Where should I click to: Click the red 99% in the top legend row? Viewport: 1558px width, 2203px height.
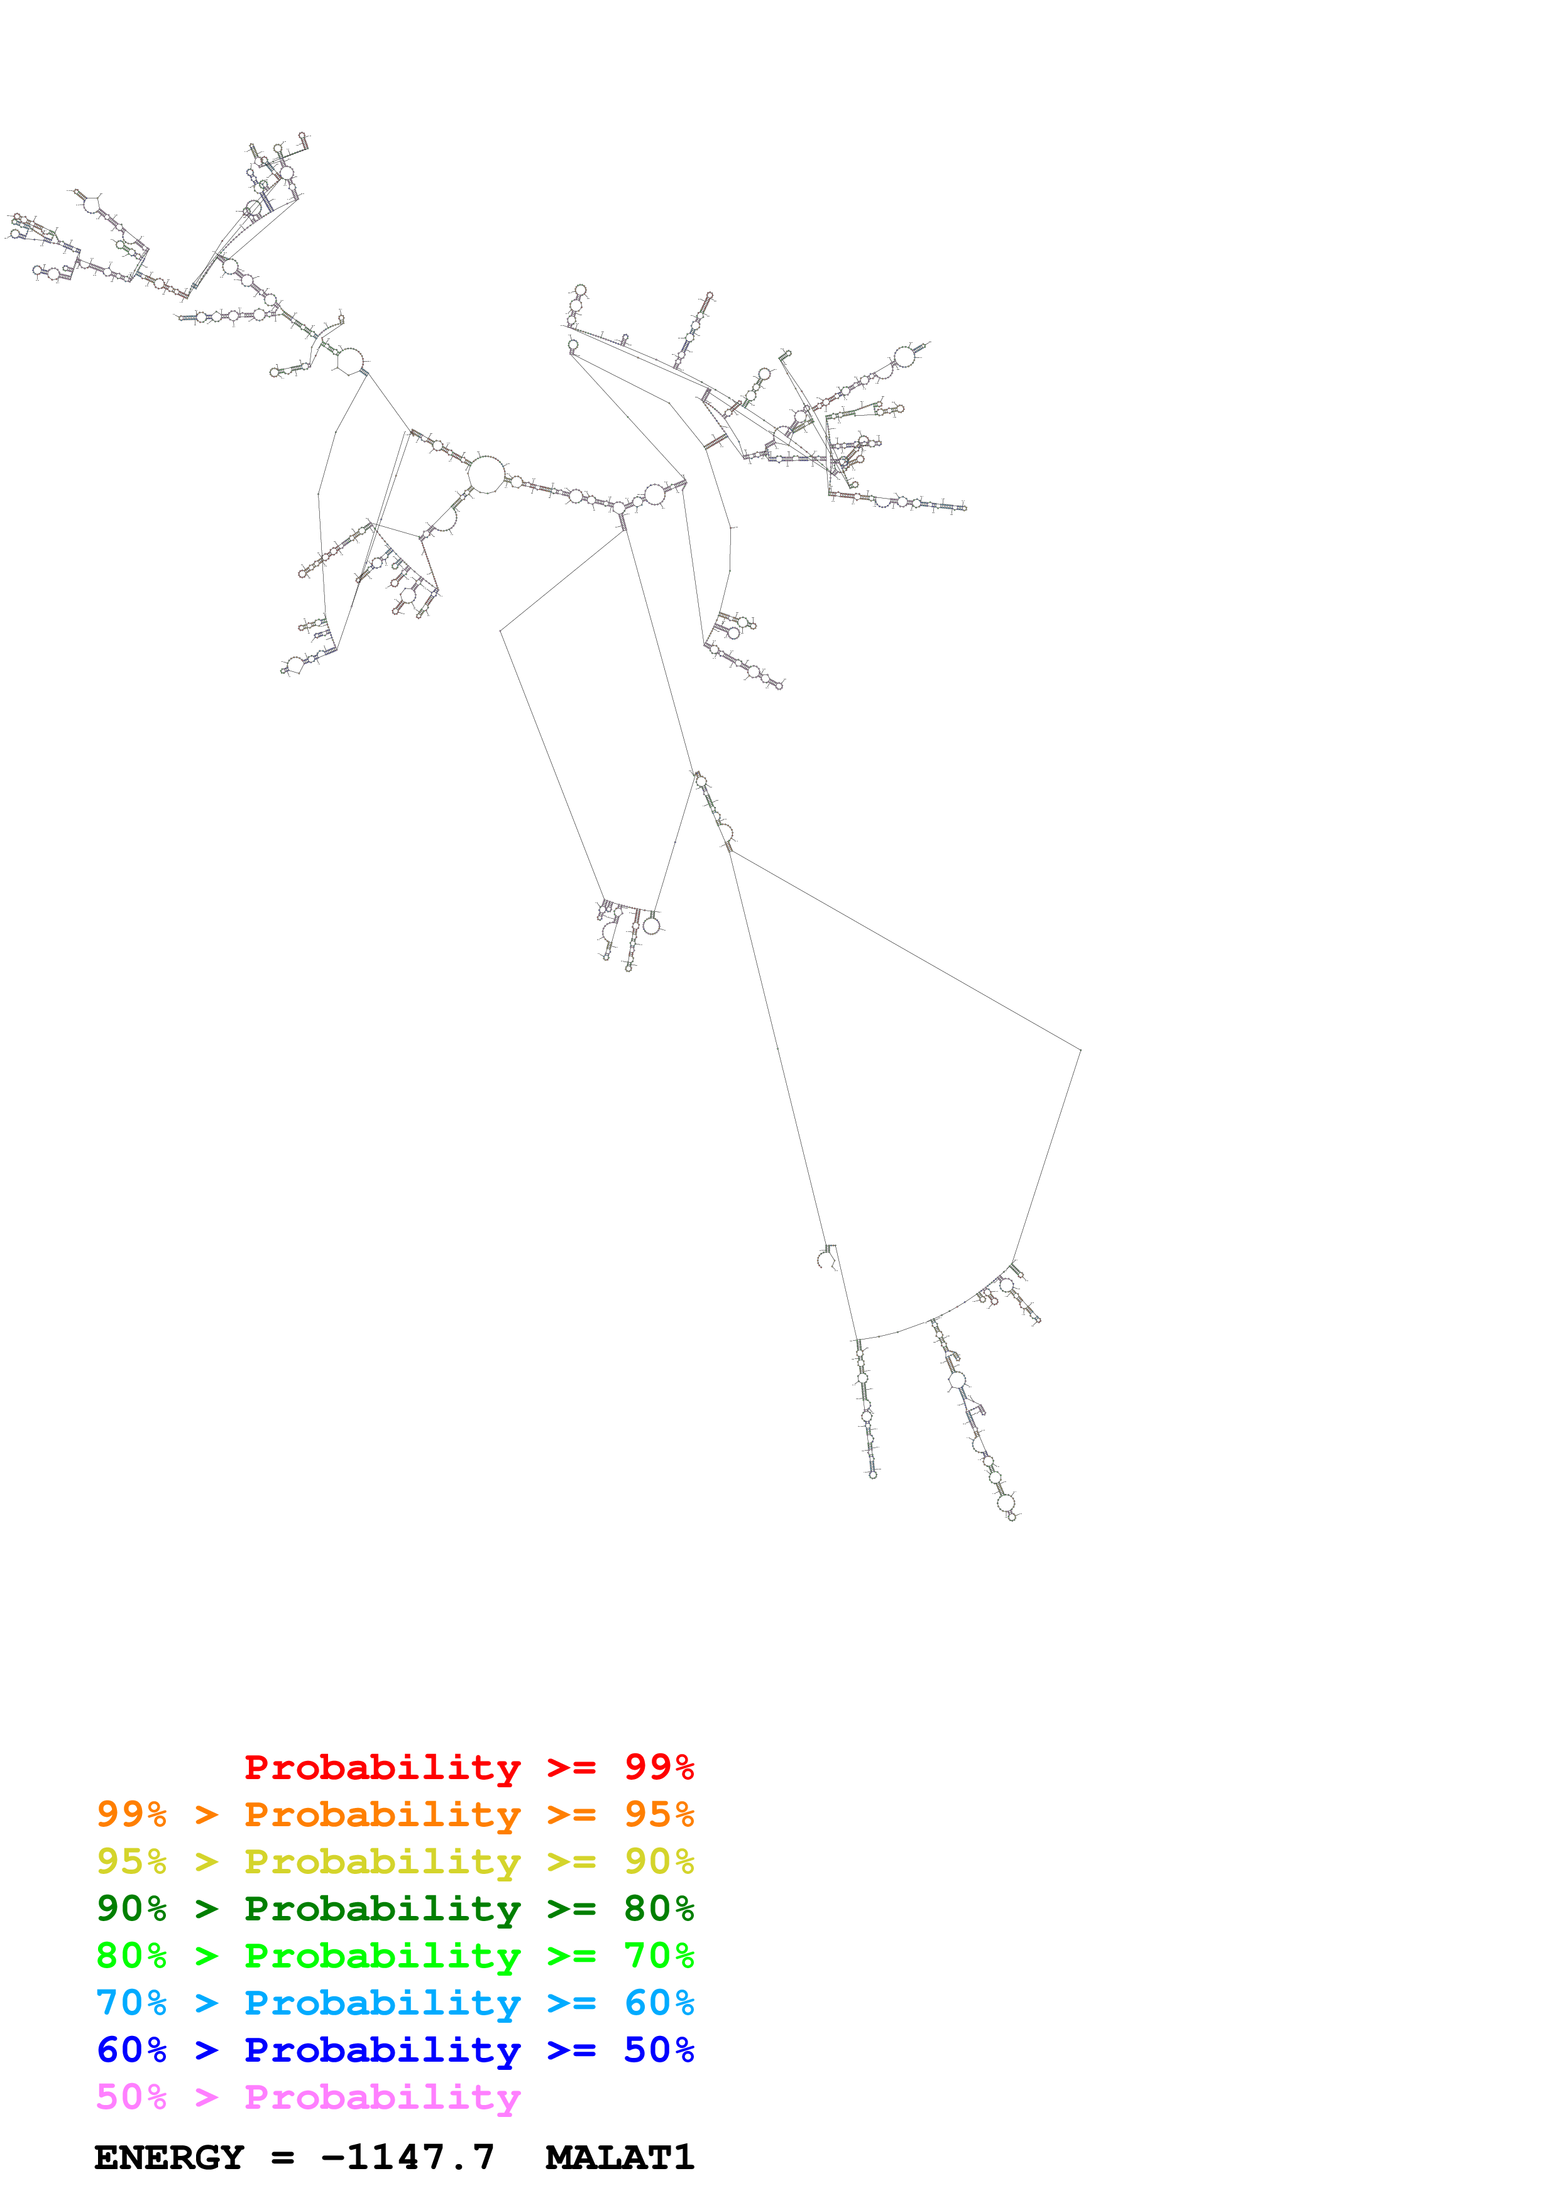tap(659, 1767)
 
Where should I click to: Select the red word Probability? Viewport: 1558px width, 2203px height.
tap(382, 1767)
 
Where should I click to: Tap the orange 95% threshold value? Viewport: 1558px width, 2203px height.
tap(659, 1814)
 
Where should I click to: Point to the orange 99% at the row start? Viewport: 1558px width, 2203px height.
tap(131, 1814)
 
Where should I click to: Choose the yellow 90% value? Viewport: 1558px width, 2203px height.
tap(659, 1861)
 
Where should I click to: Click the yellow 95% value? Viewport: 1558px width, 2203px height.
tap(131, 1861)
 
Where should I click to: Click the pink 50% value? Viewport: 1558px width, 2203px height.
tap(131, 2096)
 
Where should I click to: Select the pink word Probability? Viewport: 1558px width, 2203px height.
tap(382, 2096)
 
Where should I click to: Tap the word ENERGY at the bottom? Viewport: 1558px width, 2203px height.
tap(169, 2157)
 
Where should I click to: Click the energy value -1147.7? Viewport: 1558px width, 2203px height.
tap(408, 2157)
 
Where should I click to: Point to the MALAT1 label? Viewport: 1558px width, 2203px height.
tap(619, 2157)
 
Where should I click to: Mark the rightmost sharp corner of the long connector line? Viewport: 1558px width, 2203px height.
tap(1080, 1051)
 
